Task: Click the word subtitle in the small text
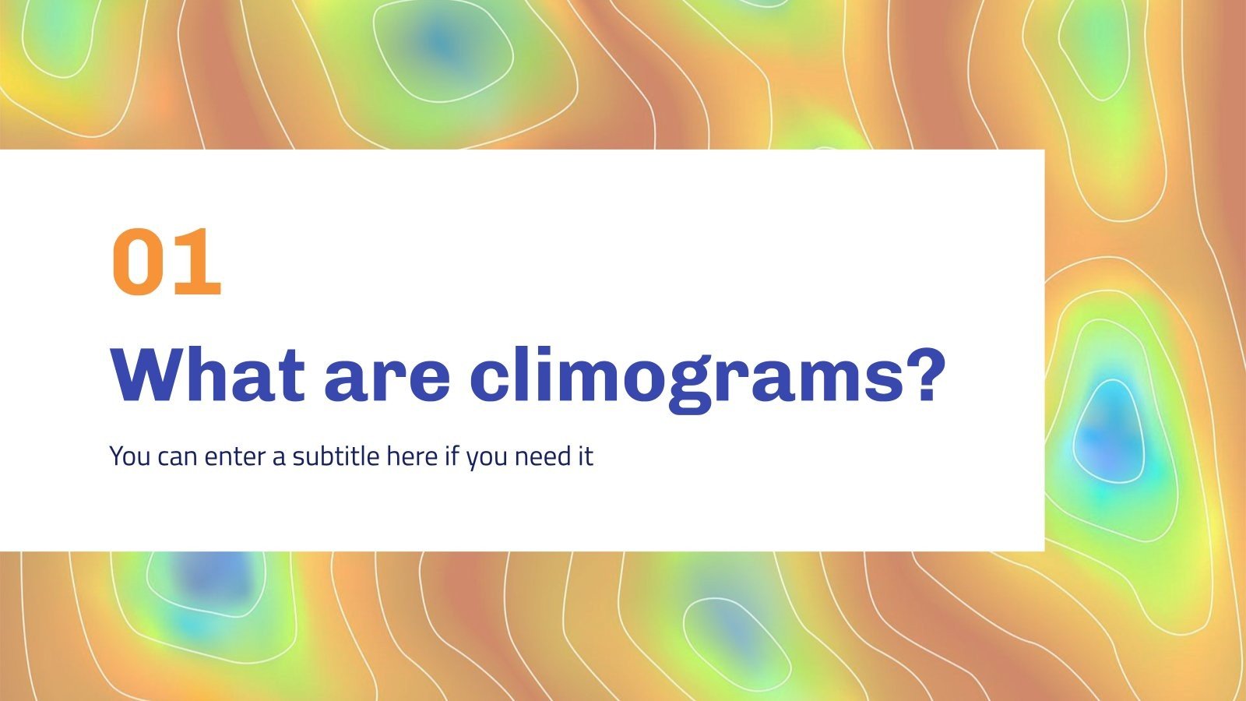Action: [x=336, y=456]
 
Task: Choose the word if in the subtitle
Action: [x=452, y=456]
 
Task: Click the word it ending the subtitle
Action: [x=585, y=456]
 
